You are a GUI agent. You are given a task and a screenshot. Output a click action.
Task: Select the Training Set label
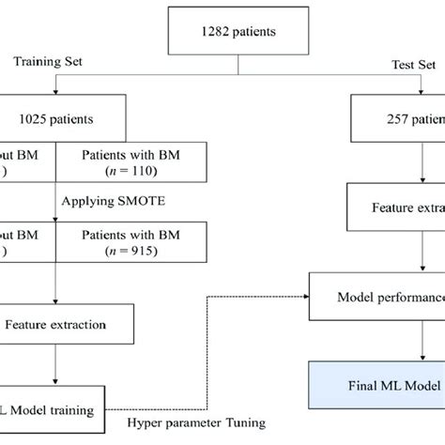(x=50, y=64)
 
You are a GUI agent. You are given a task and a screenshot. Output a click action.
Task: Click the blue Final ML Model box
(x=376, y=383)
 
